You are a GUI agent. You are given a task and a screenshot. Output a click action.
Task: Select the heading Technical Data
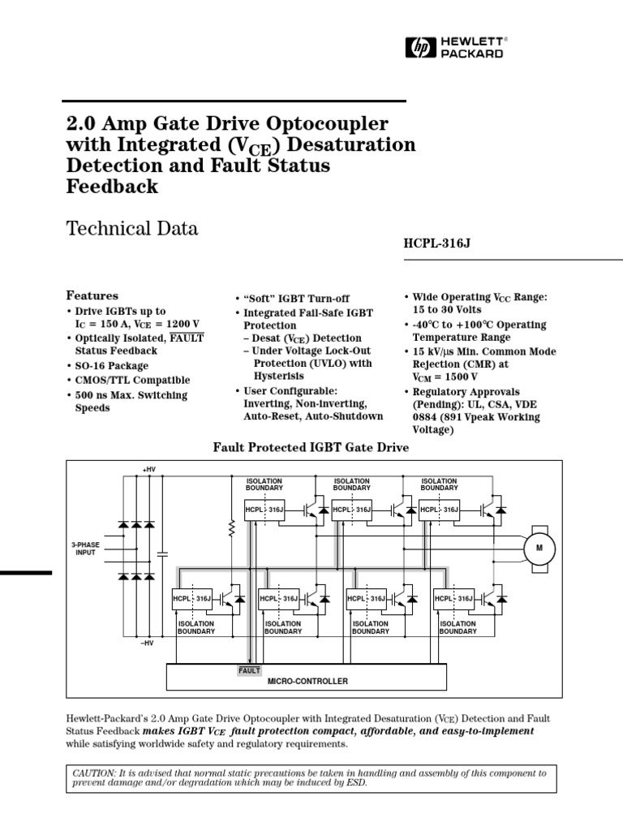(x=131, y=228)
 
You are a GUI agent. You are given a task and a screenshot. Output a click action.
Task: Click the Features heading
(x=92, y=296)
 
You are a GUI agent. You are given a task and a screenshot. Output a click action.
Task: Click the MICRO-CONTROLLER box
(x=307, y=681)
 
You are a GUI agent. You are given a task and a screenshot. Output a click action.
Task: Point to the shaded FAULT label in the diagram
(x=249, y=670)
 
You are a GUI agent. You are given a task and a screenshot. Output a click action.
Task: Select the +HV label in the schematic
(x=148, y=470)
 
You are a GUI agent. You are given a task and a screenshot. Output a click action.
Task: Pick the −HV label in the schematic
(x=147, y=643)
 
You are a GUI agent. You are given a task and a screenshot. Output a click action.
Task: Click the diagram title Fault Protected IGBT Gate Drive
(x=311, y=447)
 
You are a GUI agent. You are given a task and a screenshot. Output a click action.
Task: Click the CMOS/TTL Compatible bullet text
(x=132, y=380)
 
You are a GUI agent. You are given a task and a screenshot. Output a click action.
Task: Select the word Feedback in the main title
(x=111, y=186)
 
